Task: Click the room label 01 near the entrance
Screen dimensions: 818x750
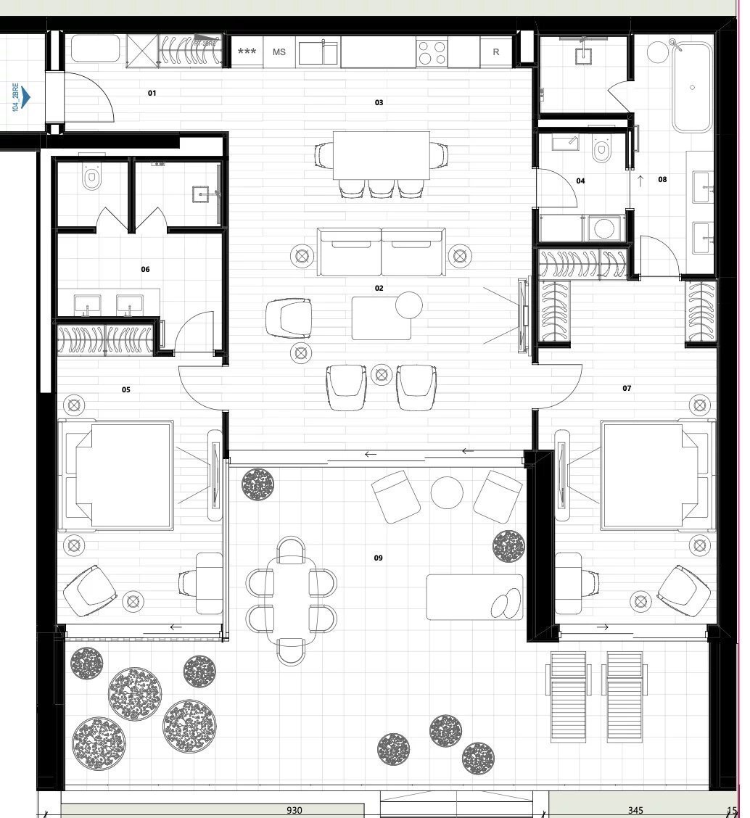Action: (x=152, y=93)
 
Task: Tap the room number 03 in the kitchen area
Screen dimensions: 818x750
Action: (x=379, y=103)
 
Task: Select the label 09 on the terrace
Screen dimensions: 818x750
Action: (x=378, y=558)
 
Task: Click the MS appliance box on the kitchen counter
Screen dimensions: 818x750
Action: (x=279, y=52)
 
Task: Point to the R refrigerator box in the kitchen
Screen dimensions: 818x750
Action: (x=496, y=52)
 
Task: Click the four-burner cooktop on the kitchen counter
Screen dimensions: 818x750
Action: (x=433, y=51)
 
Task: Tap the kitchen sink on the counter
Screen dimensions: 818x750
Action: (x=318, y=52)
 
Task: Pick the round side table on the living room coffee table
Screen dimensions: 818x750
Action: (x=408, y=305)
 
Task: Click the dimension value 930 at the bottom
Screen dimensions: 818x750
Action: (x=294, y=810)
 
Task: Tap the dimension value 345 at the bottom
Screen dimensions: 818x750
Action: (x=635, y=810)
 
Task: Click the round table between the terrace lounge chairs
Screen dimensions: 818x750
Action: (x=447, y=492)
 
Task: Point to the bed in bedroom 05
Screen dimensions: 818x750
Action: (x=120, y=475)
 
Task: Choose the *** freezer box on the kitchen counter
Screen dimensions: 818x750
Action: (x=247, y=52)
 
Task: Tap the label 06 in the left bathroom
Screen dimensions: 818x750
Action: (x=145, y=270)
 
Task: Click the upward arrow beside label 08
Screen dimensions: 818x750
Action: (x=640, y=179)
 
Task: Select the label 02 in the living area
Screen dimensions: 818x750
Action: (x=379, y=289)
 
